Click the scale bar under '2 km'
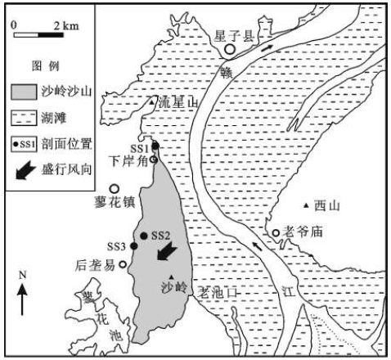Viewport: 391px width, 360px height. pyautogui.click(x=38, y=35)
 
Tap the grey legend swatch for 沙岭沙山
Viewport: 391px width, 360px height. pyautogui.click(x=24, y=92)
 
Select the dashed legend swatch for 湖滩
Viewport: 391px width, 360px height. pyautogui.click(x=24, y=118)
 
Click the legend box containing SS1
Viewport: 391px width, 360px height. pyautogui.click(x=24, y=144)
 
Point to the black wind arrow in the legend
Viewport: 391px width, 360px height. pyautogui.click(x=25, y=170)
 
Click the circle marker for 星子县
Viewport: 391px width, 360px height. pyautogui.click(x=230, y=49)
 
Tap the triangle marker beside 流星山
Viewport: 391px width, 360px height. pyautogui.click(x=151, y=102)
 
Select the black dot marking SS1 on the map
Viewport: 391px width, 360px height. pyautogui.click(x=155, y=146)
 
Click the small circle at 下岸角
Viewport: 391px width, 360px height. pyautogui.click(x=154, y=160)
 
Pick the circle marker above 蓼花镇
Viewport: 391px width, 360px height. pyautogui.click(x=115, y=189)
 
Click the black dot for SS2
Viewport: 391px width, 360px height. pyautogui.click(x=144, y=236)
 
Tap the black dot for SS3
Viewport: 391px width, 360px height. pyautogui.click(x=133, y=246)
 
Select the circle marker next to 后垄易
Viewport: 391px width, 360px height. pyautogui.click(x=124, y=264)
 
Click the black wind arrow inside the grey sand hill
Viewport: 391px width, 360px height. pyautogui.click(x=167, y=251)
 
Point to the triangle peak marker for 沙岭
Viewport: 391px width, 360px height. pyautogui.click(x=171, y=277)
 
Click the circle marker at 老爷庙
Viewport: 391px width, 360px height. pyautogui.click(x=276, y=233)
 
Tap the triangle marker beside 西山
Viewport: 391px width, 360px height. pyautogui.click(x=306, y=205)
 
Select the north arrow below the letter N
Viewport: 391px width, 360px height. pyautogui.click(x=22, y=299)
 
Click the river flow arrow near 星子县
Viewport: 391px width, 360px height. pyautogui.click(x=267, y=48)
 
